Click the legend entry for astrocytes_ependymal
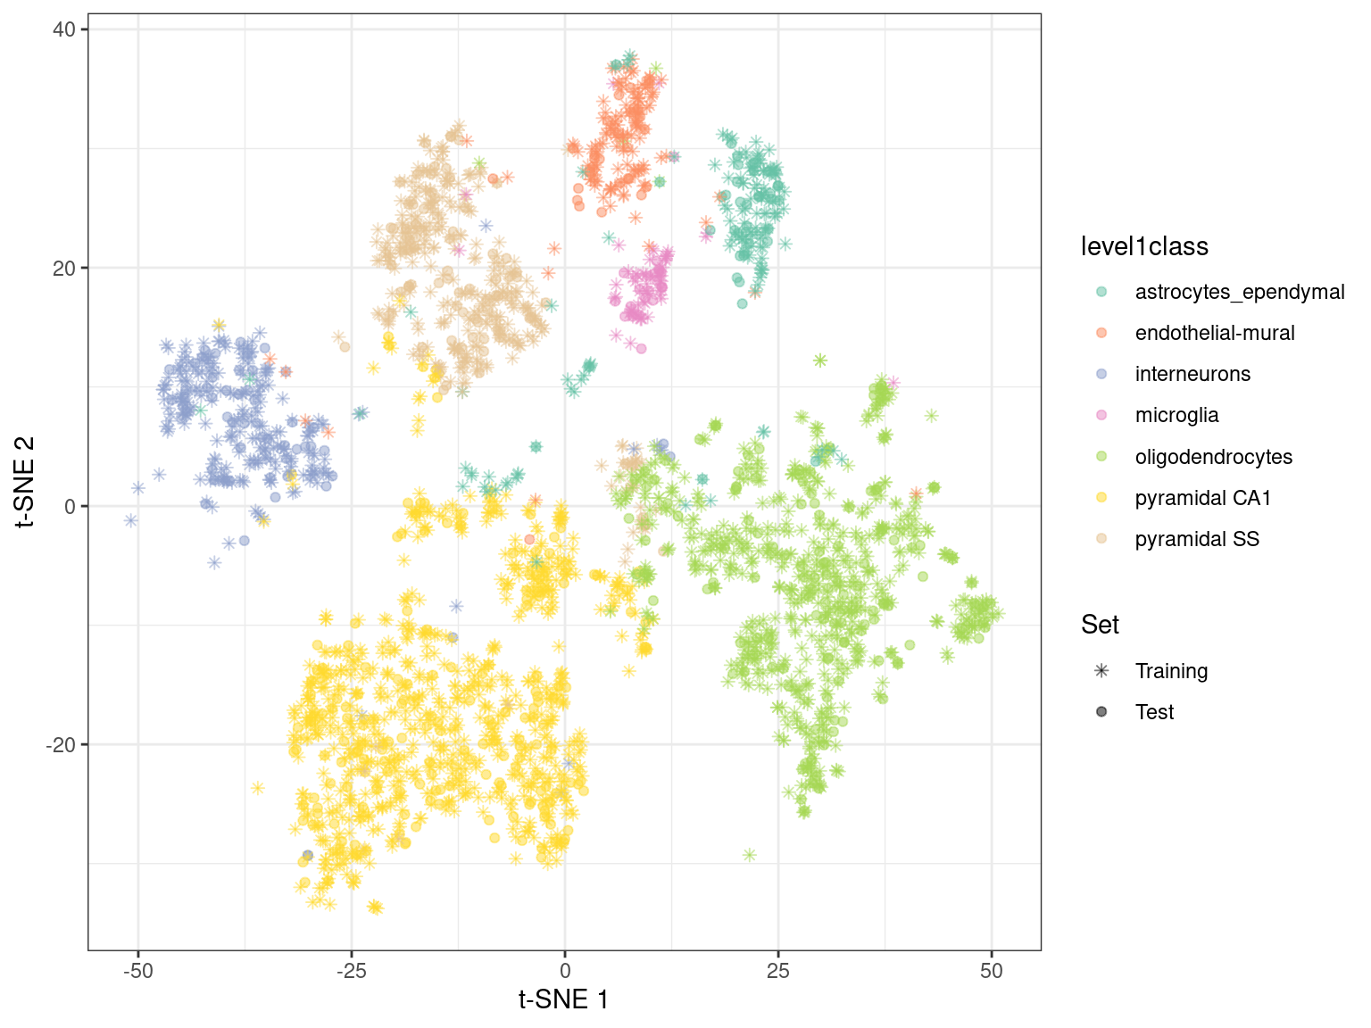[1239, 292]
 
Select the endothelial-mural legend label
[1214, 333]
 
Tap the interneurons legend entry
[1192, 374]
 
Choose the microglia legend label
[1176, 415]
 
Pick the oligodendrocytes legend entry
[1213, 457]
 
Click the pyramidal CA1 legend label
[1202, 498]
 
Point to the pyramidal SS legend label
[1197, 539]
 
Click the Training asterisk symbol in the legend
[1101, 671]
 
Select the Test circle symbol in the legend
[1101, 712]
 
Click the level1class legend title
[1144, 246]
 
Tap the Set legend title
[1100, 625]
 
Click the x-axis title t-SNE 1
[564, 999]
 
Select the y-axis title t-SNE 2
[25, 482]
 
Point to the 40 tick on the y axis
[63, 29]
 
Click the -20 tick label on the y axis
[60, 745]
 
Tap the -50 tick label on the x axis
[137, 971]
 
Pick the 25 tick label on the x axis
[778, 971]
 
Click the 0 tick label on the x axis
[565, 971]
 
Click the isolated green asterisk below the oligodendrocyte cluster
[749, 855]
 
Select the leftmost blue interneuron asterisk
[131, 520]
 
